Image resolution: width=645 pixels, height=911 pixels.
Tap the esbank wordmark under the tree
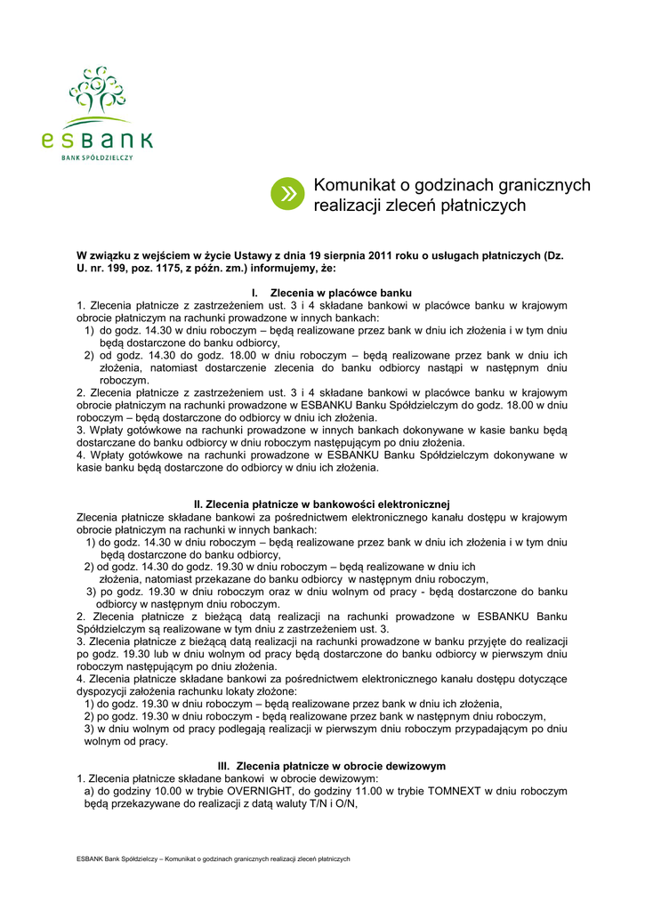[x=97, y=140]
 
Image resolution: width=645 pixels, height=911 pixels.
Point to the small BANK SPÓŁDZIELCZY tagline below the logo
[x=97, y=157]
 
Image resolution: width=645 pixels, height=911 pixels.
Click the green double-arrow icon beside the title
[x=287, y=194]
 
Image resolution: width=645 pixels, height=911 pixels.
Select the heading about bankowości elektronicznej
[x=322, y=504]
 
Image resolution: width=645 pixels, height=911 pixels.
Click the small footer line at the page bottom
[x=214, y=859]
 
